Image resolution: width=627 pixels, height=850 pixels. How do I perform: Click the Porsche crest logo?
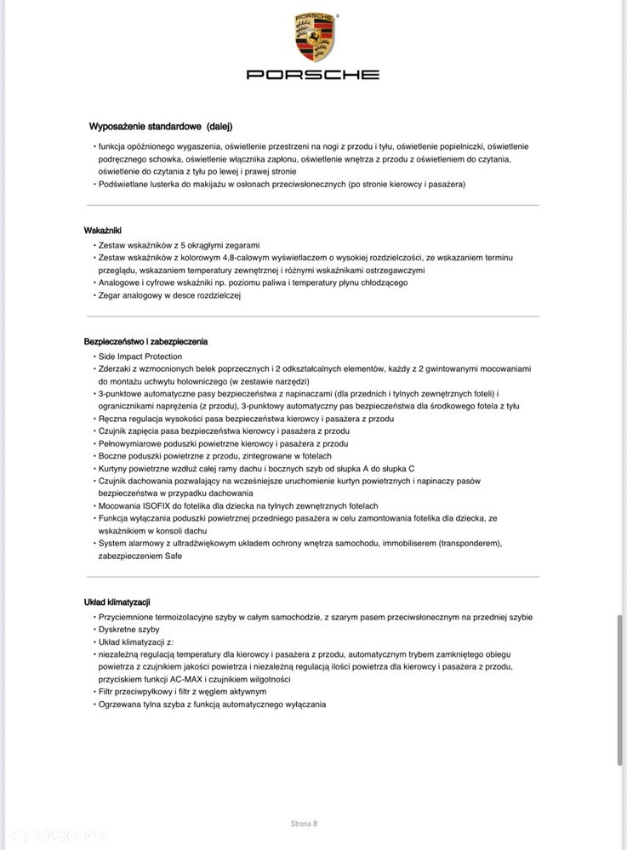313,37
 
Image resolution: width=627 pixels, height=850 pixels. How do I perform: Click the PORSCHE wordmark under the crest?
313,75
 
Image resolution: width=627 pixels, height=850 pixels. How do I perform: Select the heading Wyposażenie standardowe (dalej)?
161,127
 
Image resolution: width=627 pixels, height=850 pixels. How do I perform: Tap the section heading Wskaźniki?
104,231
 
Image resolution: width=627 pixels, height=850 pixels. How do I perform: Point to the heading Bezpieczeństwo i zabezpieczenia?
145,341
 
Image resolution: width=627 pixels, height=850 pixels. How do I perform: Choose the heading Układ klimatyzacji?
117,602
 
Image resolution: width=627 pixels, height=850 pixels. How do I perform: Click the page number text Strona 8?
304,824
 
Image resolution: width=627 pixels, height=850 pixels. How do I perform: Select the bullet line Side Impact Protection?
140,357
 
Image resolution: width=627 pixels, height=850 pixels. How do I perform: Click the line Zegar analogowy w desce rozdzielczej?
169,295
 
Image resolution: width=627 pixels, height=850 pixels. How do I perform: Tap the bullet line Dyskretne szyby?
128,630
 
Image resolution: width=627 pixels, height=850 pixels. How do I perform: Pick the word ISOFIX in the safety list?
162,506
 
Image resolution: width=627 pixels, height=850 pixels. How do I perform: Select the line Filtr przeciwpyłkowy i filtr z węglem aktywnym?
182,692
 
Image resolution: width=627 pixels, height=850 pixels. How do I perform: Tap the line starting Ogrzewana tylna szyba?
212,705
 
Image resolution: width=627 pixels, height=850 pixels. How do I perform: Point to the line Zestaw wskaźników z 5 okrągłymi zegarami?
179,244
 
